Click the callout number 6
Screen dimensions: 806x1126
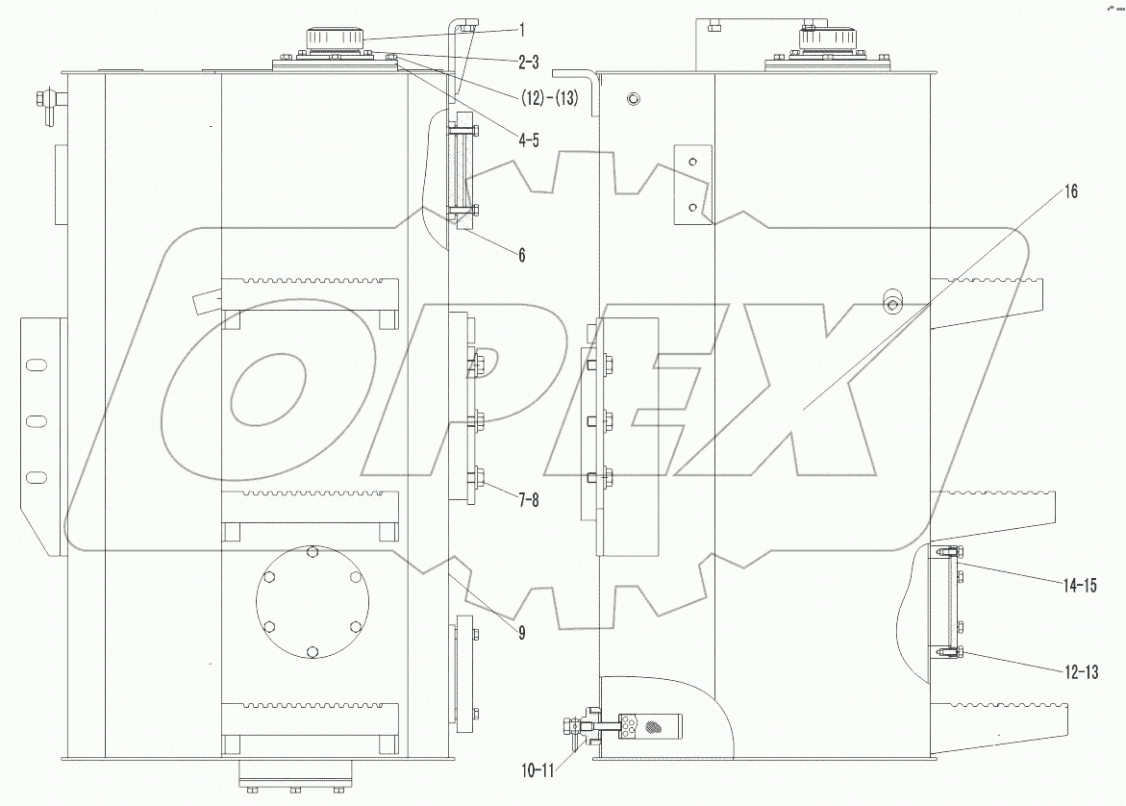(521, 255)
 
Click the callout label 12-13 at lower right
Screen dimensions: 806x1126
(1100, 671)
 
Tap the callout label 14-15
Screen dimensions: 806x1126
(1100, 584)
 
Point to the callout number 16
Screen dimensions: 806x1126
(1070, 191)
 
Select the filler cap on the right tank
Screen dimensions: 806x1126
(827, 39)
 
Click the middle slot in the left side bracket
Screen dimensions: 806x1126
(35, 420)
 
